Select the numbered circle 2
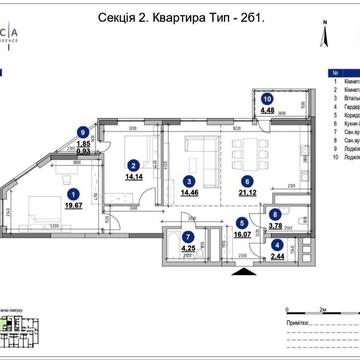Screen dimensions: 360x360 [133, 166]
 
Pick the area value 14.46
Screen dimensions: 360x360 [190, 194]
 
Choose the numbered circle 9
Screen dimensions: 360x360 [82, 130]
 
